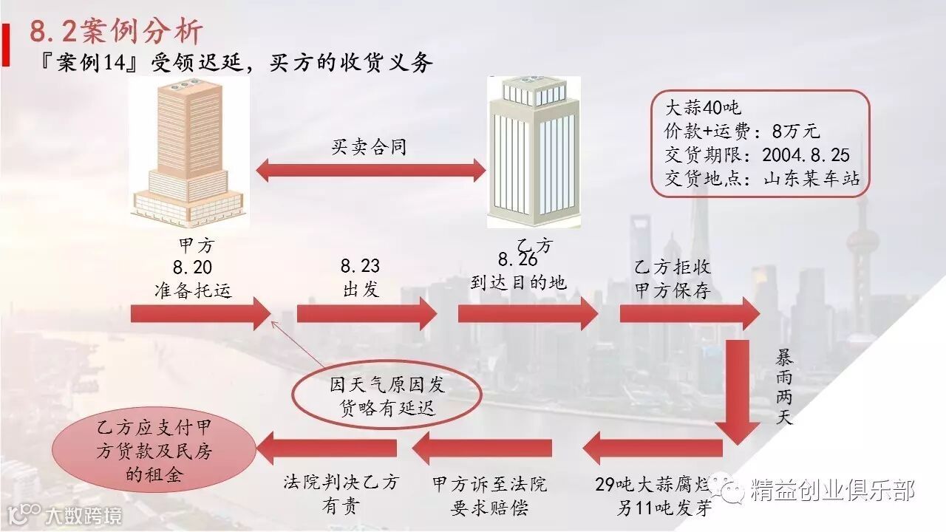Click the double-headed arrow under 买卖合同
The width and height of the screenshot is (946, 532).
point(370,171)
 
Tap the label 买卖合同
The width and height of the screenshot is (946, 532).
point(369,146)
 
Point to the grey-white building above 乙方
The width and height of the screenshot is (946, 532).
point(534,152)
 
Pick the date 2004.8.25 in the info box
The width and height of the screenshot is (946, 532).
point(806,155)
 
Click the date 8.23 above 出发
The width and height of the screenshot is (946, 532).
point(361,267)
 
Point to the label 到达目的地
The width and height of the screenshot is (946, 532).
point(518,282)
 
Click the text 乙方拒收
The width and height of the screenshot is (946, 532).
point(673,267)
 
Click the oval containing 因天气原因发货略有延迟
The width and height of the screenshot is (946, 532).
point(382,396)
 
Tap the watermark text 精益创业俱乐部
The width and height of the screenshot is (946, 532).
point(832,491)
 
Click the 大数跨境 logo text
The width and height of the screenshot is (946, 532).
point(83,515)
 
